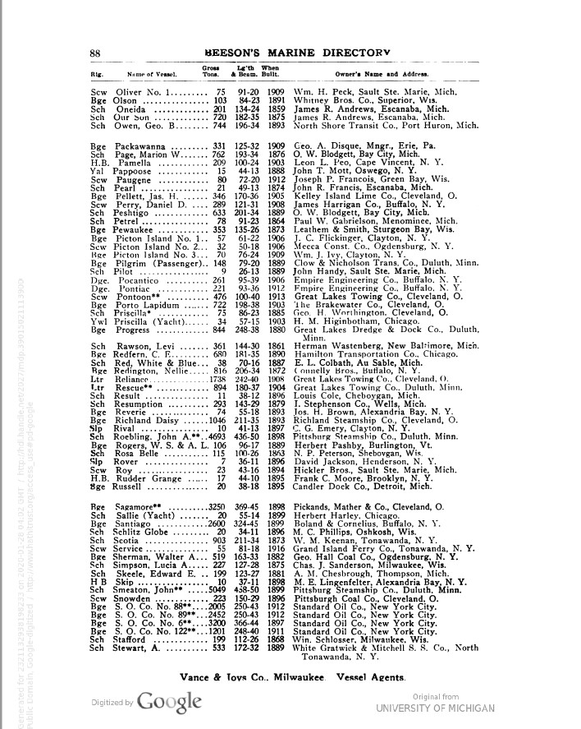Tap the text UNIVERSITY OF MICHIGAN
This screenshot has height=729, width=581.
pyautogui.click(x=435, y=708)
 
